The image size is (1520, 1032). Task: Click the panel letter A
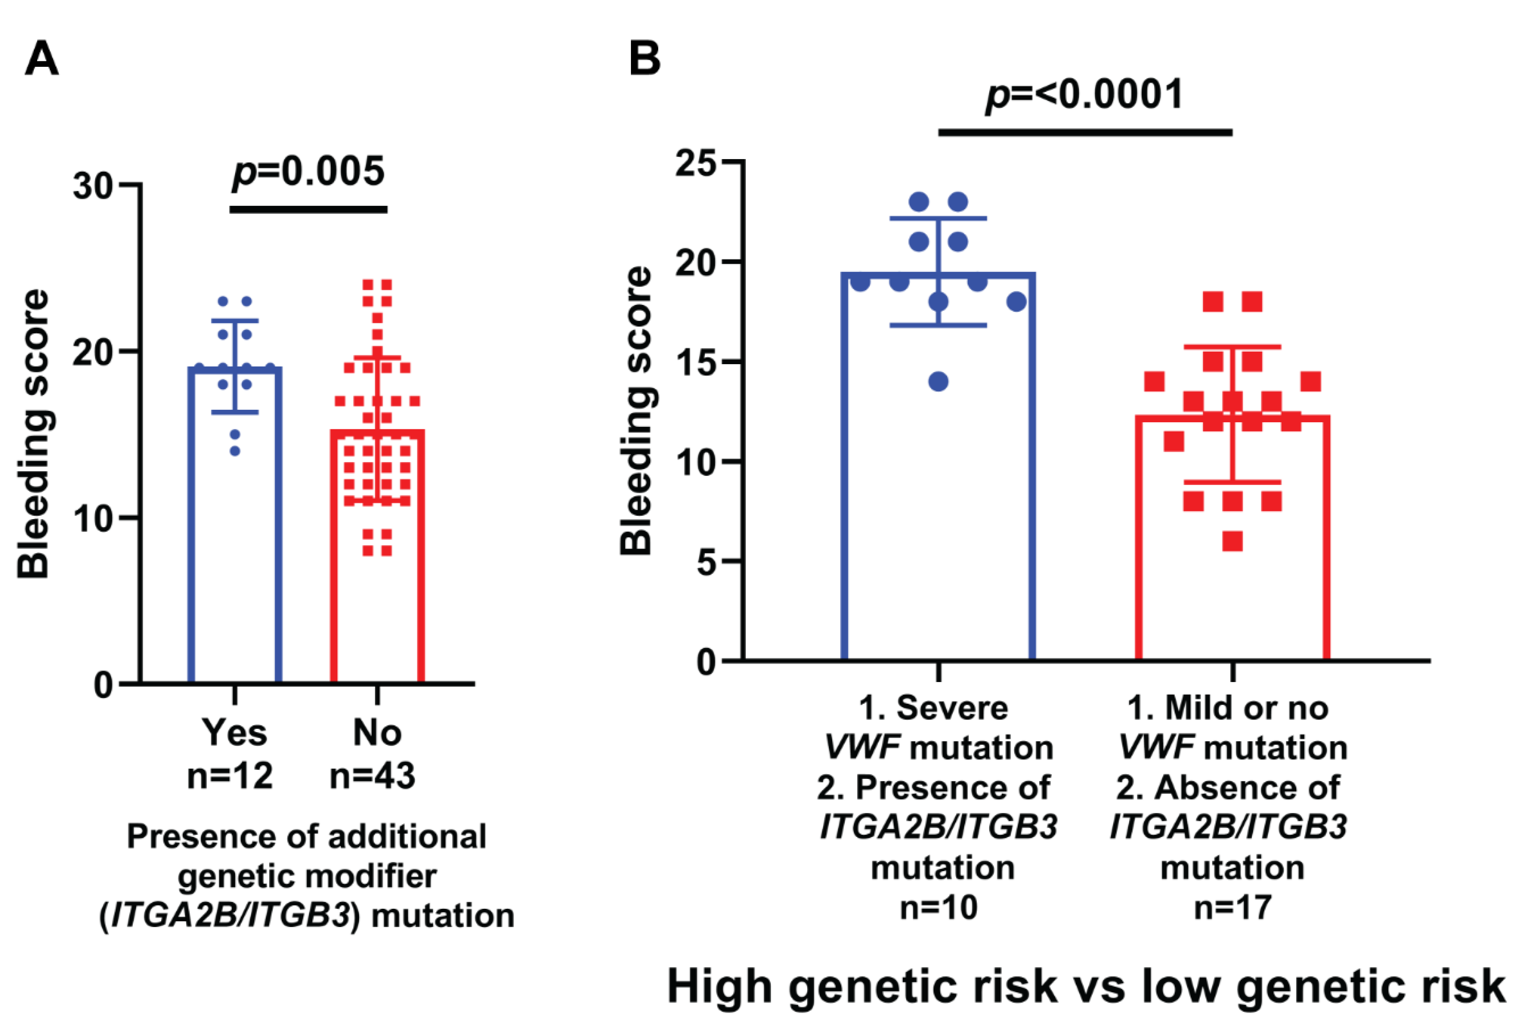pyautogui.click(x=42, y=59)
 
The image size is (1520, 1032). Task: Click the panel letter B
pyautogui.click(x=644, y=59)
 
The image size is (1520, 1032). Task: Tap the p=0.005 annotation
pyautogui.click(x=309, y=172)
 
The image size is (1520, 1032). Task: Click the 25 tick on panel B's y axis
pyautogui.click(x=696, y=163)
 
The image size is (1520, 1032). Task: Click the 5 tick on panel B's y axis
pyautogui.click(x=707, y=562)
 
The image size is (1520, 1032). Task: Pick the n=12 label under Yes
pyautogui.click(x=230, y=776)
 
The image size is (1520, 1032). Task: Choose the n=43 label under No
pyautogui.click(x=372, y=776)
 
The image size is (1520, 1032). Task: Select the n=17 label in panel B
pyautogui.click(x=1232, y=908)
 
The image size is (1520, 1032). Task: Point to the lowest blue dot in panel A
pyautogui.click(x=235, y=451)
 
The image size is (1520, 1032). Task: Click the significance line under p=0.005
pyautogui.click(x=309, y=209)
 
